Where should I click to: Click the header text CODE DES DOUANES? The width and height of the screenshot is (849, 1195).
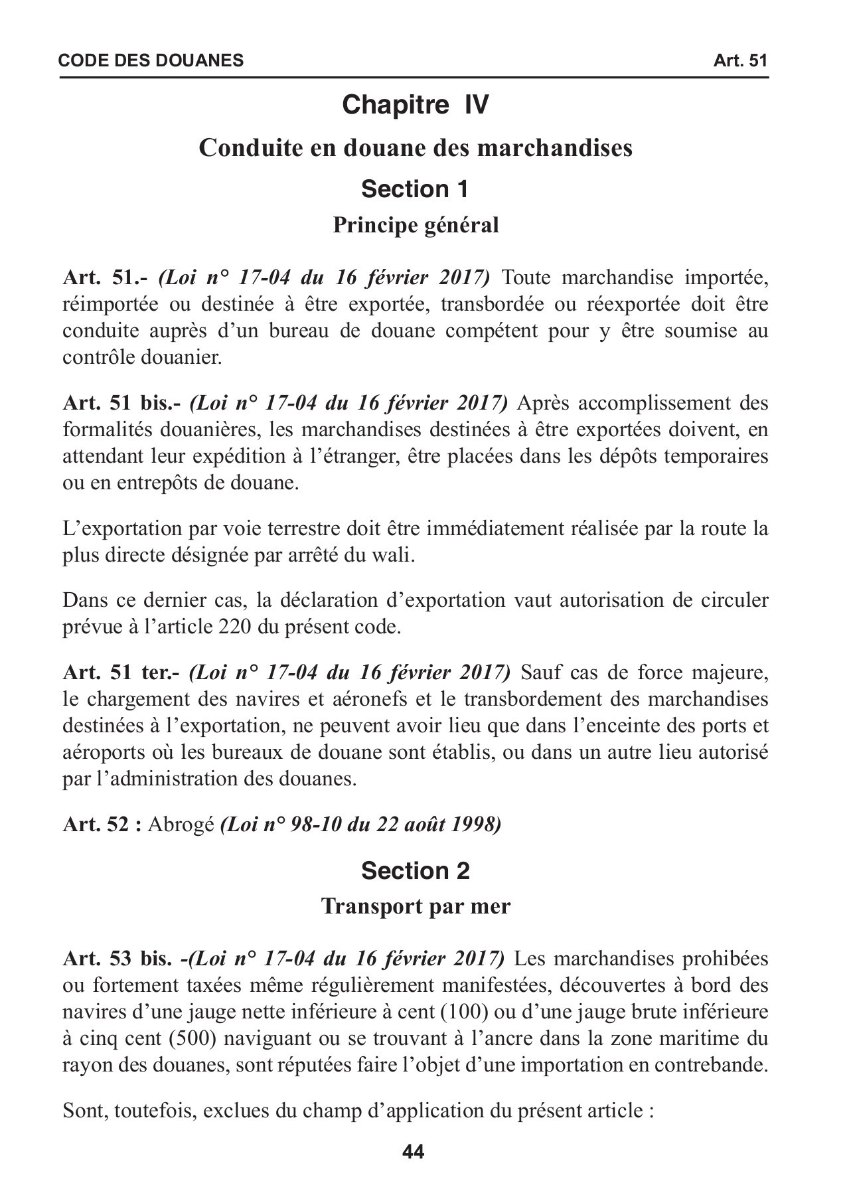[151, 61]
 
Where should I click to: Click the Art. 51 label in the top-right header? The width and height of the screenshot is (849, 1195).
[740, 61]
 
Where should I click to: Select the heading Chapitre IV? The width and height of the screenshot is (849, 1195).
[416, 105]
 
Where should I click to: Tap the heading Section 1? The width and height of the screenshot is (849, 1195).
[416, 189]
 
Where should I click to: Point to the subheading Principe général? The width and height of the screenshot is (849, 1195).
[416, 226]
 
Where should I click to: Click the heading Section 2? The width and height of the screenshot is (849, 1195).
[416, 870]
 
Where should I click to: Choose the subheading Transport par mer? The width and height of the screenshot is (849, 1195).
[416, 906]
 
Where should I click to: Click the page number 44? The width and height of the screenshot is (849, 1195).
[413, 1152]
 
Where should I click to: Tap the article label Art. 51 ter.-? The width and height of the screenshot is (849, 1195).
[121, 673]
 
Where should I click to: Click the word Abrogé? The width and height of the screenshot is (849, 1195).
[181, 825]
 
